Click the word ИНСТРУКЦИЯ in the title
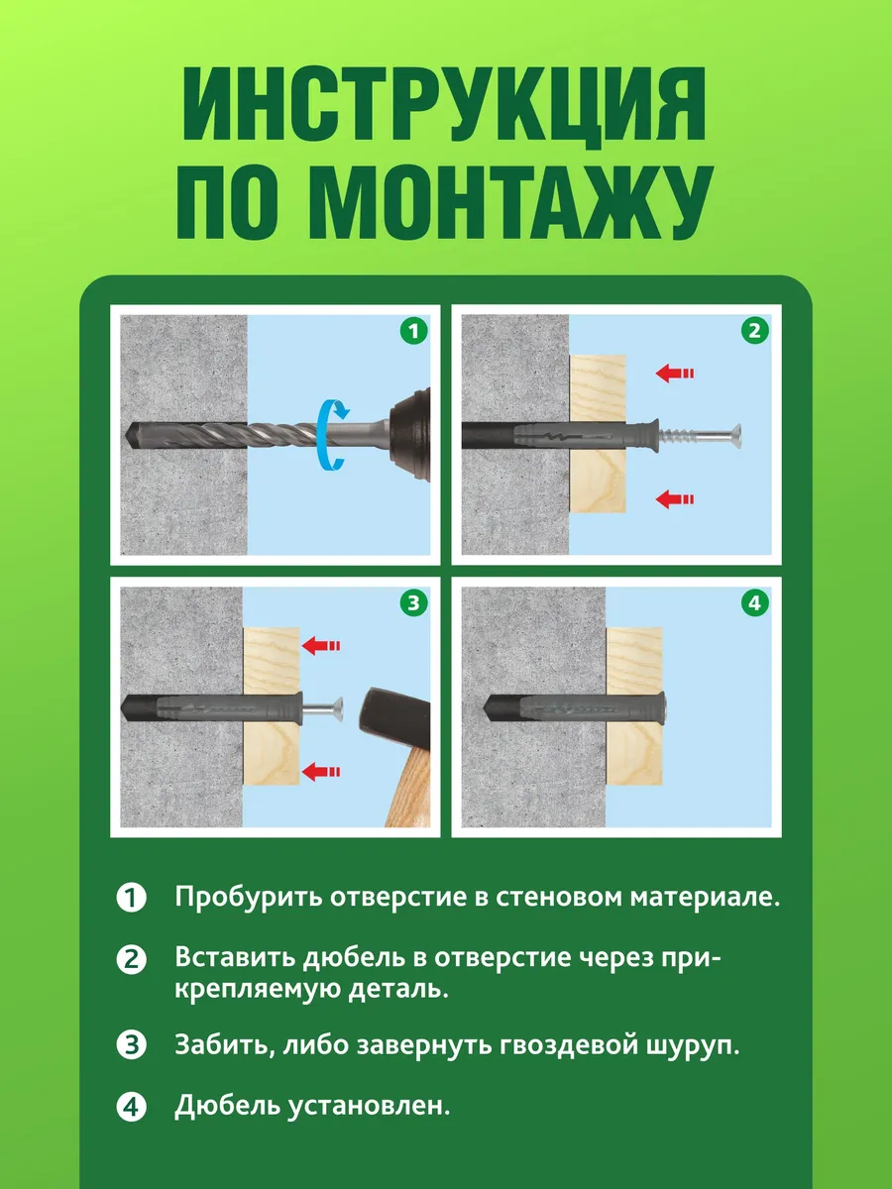point(444,107)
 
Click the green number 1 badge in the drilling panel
point(413,330)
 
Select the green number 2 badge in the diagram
point(755,330)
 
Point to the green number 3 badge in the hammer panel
point(413,602)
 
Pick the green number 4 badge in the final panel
point(755,602)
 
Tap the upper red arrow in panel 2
point(675,374)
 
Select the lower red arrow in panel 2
point(675,499)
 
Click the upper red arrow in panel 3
point(321,645)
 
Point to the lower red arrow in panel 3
point(321,771)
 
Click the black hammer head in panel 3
point(395,718)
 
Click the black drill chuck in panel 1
point(410,434)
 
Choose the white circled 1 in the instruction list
point(131,898)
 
